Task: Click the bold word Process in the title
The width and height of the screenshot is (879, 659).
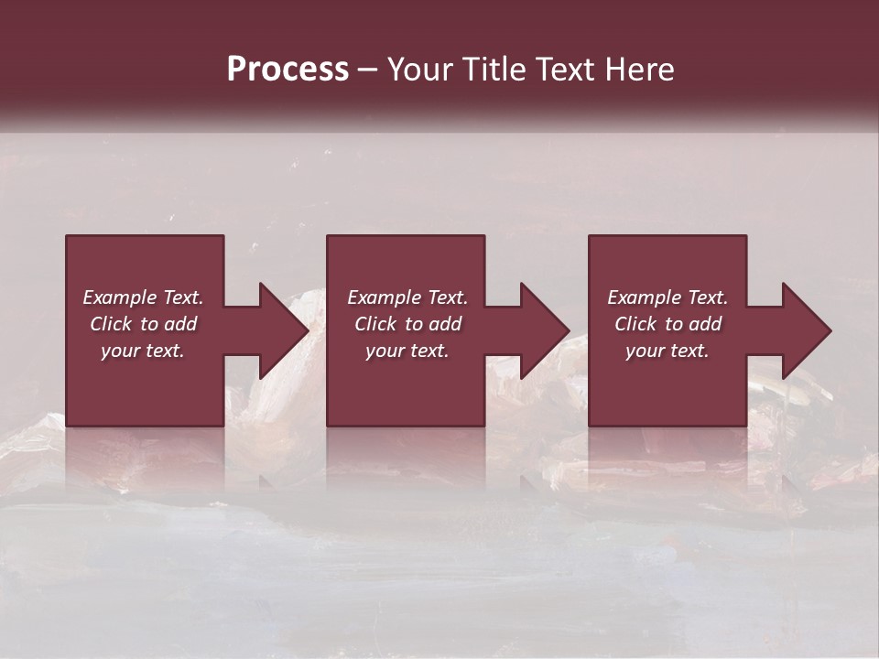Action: (288, 70)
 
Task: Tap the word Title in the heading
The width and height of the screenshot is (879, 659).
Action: (494, 70)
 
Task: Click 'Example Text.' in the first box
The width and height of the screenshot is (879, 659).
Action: (143, 297)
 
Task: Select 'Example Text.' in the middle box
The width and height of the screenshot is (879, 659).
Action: (407, 297)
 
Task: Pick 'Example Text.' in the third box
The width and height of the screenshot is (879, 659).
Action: (667, 297)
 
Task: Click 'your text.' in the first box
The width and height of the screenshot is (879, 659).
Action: (143, 351)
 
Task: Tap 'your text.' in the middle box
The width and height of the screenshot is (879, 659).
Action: (407, 351)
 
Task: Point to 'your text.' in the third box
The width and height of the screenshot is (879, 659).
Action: (667, 351)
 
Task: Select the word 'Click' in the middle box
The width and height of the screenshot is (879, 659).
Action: (375, 324)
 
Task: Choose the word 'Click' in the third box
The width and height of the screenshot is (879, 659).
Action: (635, 324)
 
